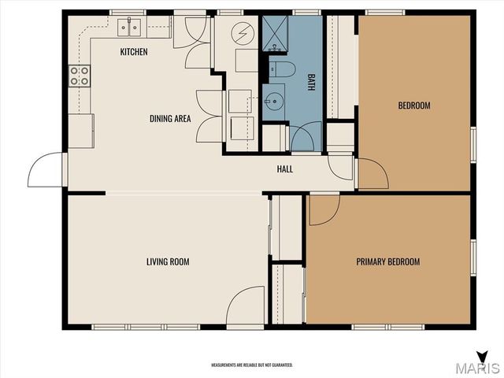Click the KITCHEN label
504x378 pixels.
134,52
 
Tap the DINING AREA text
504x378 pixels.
171,119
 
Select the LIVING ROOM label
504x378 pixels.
168,261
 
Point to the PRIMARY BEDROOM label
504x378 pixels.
387,262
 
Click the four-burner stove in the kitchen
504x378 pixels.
80,76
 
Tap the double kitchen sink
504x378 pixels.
130,28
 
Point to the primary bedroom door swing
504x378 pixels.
323,208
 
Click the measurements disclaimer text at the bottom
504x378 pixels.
251,365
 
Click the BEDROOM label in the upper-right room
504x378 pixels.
413,106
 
